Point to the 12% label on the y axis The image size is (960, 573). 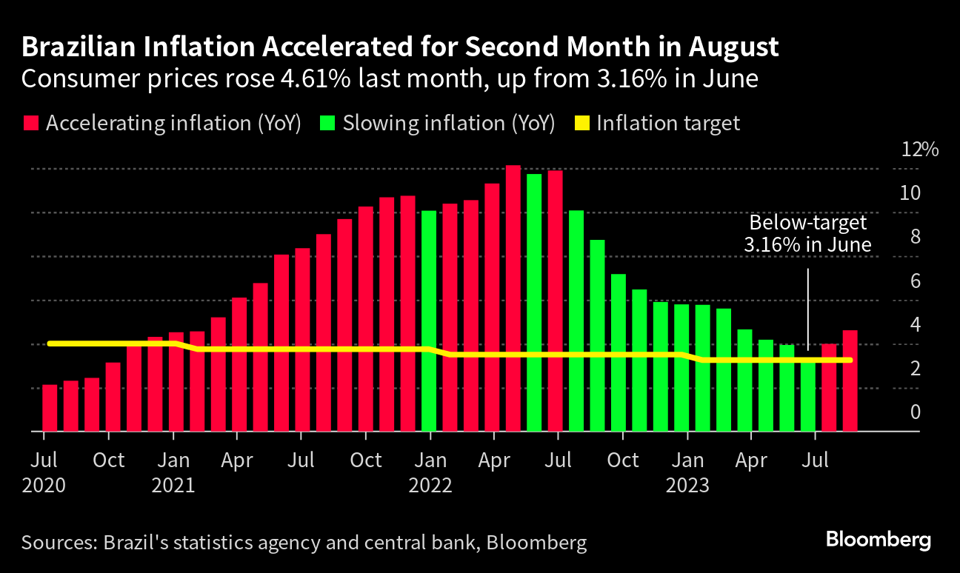919,150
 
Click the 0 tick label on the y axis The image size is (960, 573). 916,412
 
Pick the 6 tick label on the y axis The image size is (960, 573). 916,281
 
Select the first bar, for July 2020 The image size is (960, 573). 50,408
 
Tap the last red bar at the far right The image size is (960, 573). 850,381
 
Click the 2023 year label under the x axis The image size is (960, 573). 687,486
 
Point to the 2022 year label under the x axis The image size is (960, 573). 430,486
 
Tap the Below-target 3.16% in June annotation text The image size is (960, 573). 807,233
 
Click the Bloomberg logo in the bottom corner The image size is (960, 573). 879,540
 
